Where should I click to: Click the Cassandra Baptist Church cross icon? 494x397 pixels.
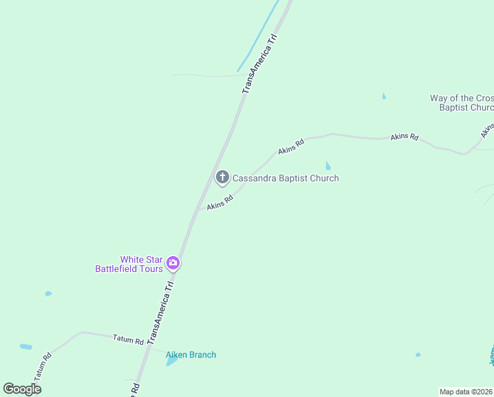[223, 177]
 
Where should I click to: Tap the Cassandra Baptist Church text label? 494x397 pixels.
[285, 178]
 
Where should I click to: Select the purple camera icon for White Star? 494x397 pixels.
[173, 263]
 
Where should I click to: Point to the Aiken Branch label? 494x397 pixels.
[191, 355]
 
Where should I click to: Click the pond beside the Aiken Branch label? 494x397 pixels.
[172, 361]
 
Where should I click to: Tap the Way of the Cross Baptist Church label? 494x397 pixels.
[462, 103]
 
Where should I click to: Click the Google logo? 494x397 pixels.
[22, 388]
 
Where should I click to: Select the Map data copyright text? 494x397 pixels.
[466, 391]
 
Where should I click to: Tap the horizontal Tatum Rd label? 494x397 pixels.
[128, 341]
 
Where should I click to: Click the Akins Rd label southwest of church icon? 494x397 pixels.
[220, 202]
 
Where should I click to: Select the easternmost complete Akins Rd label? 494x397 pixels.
[404, 137]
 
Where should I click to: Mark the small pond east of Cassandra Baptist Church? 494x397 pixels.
[328, 165]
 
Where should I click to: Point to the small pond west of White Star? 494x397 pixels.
[48, 293]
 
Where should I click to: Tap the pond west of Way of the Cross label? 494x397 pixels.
[384, 97]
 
